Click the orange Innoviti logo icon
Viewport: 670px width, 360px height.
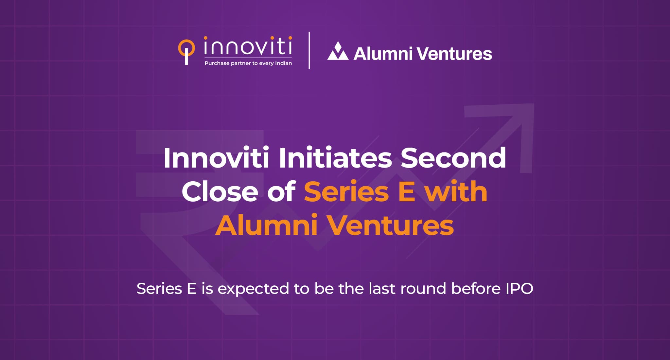186,51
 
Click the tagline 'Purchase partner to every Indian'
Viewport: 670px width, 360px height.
248,63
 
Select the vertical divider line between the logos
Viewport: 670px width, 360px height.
309,50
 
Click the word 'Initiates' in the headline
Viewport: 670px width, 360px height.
335,158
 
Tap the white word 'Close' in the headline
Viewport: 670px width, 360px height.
220,192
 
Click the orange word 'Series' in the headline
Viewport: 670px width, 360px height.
346,192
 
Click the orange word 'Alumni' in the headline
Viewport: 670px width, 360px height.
267,225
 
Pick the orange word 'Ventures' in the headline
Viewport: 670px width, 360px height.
391,225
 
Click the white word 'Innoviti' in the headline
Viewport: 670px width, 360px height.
216,158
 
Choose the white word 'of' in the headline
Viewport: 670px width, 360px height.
281,192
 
